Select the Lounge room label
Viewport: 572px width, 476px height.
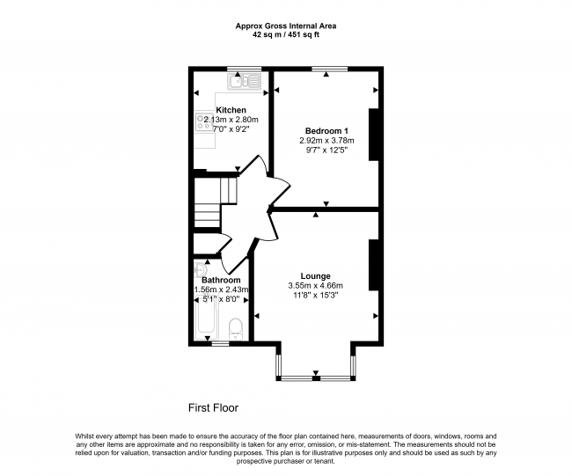[314, 275]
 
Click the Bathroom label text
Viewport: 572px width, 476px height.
[222, 280]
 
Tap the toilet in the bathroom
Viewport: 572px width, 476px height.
[236, 330]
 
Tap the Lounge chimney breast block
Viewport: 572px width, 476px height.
[374, 264]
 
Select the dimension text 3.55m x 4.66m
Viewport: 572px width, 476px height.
[314, 286]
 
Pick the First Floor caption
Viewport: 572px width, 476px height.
[213, 408]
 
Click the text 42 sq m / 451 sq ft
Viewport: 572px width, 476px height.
[285, 35]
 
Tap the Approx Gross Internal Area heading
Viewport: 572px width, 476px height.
[285, 26]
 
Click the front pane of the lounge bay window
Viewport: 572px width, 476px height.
[317, 379]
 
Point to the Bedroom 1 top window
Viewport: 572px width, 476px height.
[326, 70]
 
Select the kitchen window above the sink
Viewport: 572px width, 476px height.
[238, 70]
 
